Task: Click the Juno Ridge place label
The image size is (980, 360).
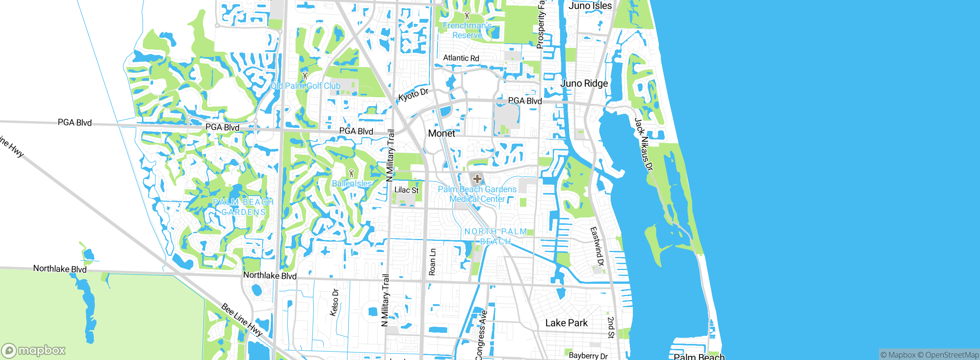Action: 584,83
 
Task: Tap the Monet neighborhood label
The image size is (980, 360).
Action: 441,133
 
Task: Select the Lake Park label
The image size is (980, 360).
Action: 566,323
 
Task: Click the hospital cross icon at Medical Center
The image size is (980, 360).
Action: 477,179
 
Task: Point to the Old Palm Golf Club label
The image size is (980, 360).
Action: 305,86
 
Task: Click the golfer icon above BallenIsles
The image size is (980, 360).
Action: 351,173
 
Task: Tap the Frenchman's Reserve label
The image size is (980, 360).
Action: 467,30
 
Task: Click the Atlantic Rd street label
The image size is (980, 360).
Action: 461,58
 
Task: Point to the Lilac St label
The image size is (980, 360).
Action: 406,190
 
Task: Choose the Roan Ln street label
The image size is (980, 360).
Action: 432,262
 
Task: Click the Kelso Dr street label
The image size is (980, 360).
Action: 334,302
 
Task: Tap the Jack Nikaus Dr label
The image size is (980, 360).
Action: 644,144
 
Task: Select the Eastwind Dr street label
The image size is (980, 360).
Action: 596,246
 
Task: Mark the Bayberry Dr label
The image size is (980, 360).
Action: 588,355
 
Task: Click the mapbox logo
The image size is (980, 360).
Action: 34,350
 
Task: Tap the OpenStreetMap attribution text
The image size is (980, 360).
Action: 952,355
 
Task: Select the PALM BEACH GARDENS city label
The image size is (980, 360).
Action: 243,207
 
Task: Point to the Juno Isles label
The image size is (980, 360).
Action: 590,5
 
